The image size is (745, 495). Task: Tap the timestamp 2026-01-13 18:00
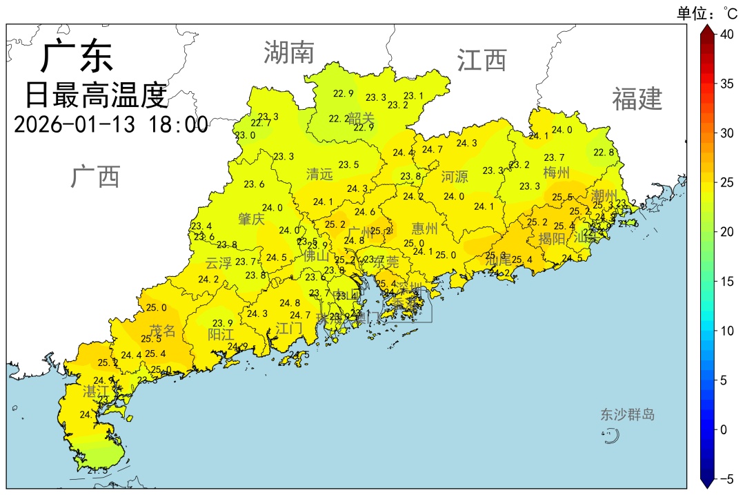tap(110, 125)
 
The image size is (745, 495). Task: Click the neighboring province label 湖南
tap(288, 52)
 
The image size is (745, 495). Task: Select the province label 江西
tap(481, 61)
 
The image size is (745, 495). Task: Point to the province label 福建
tap(637, 99)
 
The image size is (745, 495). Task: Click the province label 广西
tap(95, 177)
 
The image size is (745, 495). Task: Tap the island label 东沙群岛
tap(627, 415)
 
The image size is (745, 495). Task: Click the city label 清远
tap(319, 174)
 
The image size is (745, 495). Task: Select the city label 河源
tap(455, 177)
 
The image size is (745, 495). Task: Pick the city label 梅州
tap(556, 172)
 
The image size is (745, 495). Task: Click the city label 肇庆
tap(251, 219)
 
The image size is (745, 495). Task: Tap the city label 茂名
tap(163, 331)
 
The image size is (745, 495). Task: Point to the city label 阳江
tap(221, 334)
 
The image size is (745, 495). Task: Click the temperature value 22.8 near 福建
tap(604, 153)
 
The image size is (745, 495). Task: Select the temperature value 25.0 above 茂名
tap(156, 308)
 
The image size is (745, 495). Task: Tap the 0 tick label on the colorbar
tap(724, 429)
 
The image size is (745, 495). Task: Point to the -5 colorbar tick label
tap(726, 478)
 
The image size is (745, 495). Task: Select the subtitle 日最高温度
tap(97, 95)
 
